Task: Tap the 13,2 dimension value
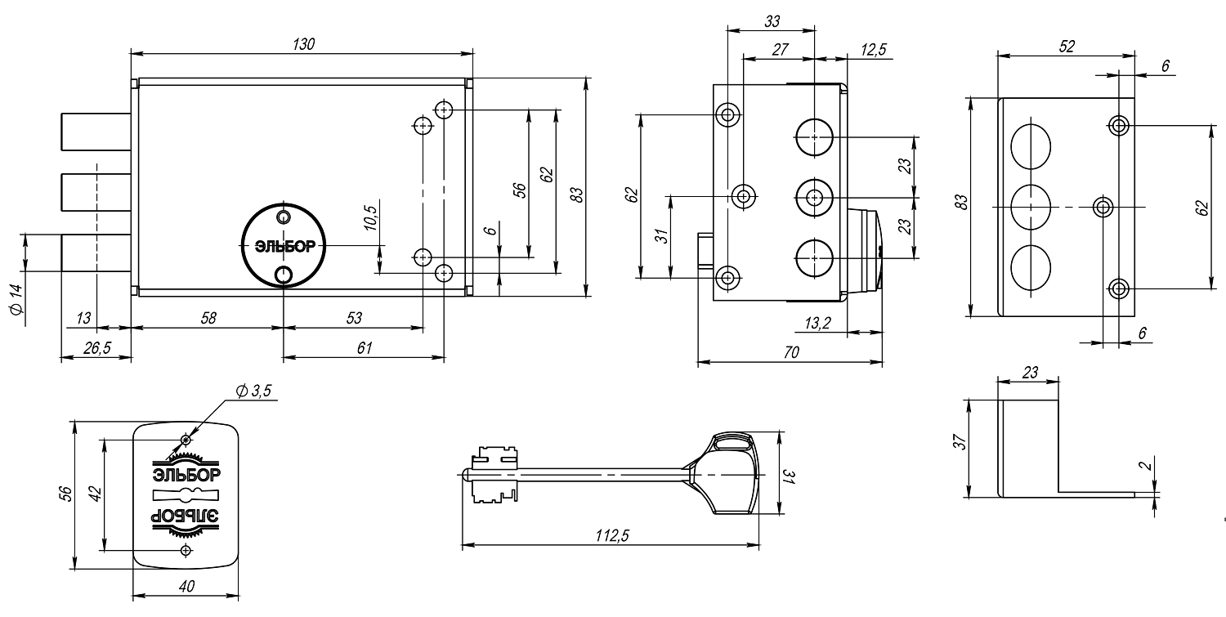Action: click(x=817, y=324)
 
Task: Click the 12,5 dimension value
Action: click(x=873, y=50)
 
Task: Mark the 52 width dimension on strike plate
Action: click(x=1067, y=47)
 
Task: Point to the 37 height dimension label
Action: click(x=961, y=442)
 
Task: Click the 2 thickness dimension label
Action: click(x=1148, y=466)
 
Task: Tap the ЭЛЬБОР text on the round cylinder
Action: click(x=283, y=245)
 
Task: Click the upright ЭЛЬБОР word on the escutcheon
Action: click(x=186, y=474)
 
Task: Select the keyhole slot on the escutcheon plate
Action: click(x=186, y=495)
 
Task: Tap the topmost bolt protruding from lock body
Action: click(x=96, y=132)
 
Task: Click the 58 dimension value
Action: click(x=208, y=317)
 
